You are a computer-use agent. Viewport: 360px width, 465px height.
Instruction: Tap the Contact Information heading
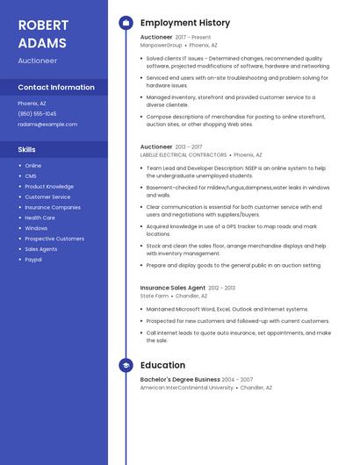point(56,88)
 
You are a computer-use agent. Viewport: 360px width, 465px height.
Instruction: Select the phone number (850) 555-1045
point(37,114)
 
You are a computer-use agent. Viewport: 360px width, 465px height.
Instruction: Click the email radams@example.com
point(47,125)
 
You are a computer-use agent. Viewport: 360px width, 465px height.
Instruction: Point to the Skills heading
point(26,150)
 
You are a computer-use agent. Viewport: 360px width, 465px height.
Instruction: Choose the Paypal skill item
point(33,260)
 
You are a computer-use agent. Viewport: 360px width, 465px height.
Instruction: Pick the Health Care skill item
point(40,218)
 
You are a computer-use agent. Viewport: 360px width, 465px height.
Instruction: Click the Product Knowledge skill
point(49,186)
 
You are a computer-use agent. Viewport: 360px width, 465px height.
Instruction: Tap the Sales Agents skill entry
point(40,249)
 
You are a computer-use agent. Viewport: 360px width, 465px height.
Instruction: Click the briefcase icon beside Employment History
point(126,23)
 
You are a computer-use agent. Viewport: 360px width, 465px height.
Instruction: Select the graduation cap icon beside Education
point(126,365)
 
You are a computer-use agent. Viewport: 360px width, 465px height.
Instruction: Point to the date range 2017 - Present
point(193,38)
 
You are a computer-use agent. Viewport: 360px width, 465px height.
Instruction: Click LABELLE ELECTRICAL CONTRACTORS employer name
point(183,154)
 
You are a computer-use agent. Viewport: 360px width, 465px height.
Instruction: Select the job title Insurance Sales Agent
point(173,288)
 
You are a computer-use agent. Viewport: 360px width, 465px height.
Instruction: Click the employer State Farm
point(155,296)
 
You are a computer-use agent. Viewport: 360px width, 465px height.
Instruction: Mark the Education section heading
point(162,365)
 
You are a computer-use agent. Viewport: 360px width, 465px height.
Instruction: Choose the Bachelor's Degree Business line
point(180,380)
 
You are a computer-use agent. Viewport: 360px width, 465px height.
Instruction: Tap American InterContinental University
point(187,387)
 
